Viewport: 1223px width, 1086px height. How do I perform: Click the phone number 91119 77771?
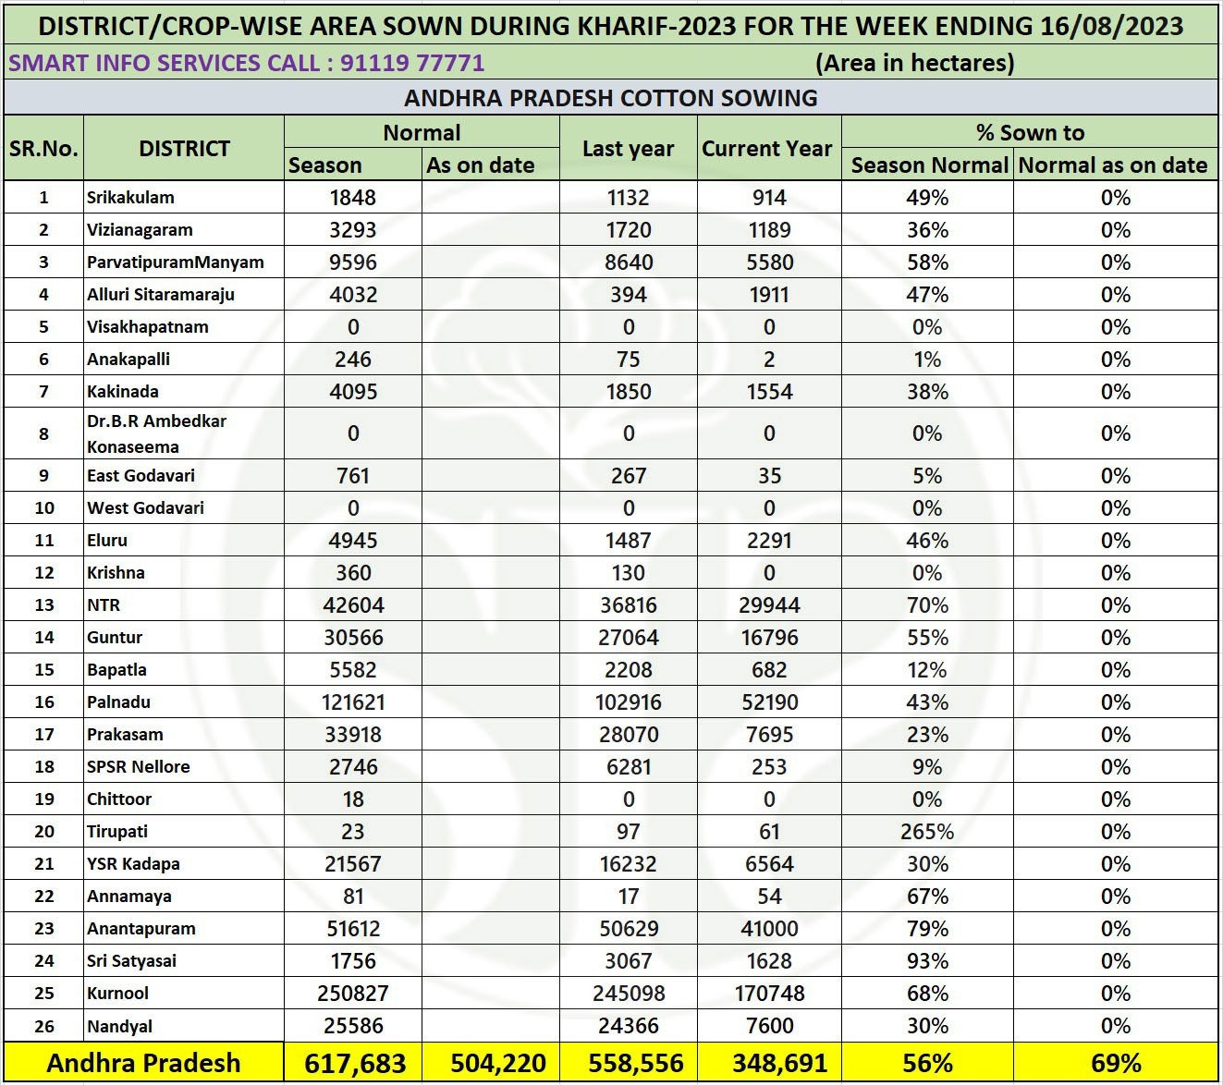pos(412,63)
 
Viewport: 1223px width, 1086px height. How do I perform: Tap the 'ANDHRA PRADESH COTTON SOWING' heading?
pos(610,98)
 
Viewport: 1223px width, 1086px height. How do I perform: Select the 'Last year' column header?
pos(628,149)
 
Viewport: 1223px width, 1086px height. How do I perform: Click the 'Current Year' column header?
pos(767,149)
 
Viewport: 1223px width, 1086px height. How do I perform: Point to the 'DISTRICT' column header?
pos(184,149)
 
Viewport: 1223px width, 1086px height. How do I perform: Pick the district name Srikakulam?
pos(130,197)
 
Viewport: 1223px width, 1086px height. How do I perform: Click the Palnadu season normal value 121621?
pos(352,702)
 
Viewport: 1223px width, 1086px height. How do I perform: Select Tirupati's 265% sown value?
pos(926,831)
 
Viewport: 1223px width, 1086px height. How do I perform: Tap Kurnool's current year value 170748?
pos(769,993)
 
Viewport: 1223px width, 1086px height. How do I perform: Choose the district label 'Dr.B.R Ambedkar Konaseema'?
pos(157,433)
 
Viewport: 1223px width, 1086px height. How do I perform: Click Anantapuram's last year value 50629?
pos(628,928)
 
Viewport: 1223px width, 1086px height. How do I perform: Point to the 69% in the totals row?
pos(1115,1063)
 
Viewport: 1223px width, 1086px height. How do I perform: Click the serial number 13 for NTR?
pos(43,604)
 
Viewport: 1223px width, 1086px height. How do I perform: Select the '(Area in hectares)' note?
pos(914,63)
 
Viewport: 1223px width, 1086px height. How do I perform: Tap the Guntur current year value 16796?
pos(769,637)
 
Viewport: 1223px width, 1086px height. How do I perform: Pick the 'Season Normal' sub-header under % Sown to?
pos(928,165)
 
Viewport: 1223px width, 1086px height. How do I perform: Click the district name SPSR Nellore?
pos(139,766)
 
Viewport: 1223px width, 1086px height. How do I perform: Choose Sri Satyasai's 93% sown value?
pos(926,960)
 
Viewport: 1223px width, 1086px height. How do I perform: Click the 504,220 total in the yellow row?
pos(498,1063)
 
